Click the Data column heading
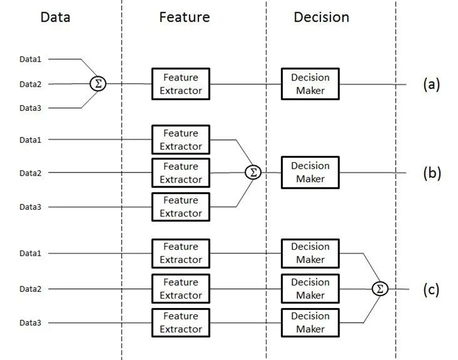55,17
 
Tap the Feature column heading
185,17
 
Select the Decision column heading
322,17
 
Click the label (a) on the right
431,84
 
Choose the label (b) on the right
432,173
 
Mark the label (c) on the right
431,290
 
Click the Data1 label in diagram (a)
30,59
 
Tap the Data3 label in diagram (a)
30,108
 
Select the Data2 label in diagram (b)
30,173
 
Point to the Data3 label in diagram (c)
30,323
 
